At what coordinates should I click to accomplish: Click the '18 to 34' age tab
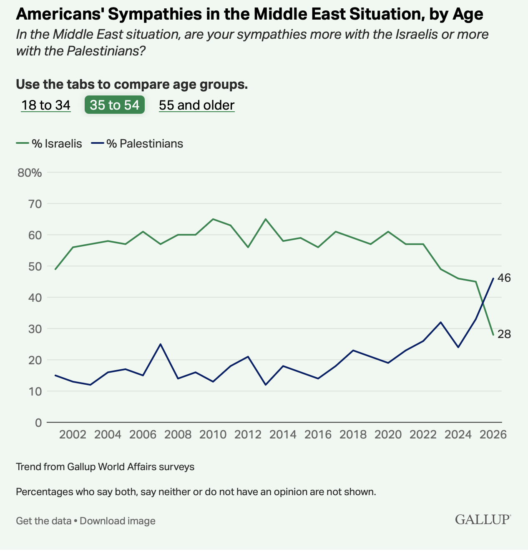[x=46, y=105]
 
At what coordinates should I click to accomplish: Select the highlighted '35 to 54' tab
[x=115, y=105]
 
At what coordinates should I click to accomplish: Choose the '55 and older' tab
[x=196, y=105]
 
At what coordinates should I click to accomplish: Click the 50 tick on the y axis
[x=35, y=266]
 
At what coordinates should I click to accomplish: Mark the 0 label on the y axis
[x=39, y=423]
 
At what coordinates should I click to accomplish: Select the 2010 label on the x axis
[x=213, y=435]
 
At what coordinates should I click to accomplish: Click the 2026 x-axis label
[x=493, y=435]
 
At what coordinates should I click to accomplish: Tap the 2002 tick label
[x=73, y=435]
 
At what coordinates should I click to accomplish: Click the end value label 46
[x=504, y=278]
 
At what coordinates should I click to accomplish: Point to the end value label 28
[x=504, y=334]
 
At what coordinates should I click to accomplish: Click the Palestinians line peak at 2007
[x=161, y=344]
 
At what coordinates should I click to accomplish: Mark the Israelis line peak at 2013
[x=266, y=219]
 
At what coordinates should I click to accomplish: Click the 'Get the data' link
[x=43, y=521]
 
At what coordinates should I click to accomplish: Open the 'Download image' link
[x=118, y=521]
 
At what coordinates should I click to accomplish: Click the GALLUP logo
[x=483, y=520]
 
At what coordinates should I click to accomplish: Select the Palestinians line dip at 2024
[x=458, y=347]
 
